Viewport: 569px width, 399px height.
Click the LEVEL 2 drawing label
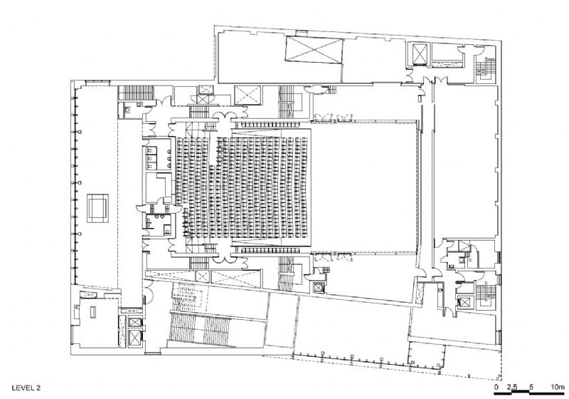click(26, 388)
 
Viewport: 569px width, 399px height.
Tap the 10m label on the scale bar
click(558, 387)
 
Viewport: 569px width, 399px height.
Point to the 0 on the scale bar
click(496, 387)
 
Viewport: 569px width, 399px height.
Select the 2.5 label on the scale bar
click(512, 387)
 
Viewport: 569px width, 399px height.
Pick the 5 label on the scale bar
click(531, 387)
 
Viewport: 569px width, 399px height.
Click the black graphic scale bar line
click(529, 393)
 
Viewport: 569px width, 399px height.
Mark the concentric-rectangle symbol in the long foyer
click(97, 208)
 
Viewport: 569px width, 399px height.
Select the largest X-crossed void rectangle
click(314, 50)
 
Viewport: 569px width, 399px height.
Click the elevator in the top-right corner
click(420, 54)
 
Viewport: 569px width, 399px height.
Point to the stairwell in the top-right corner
click(485, 68)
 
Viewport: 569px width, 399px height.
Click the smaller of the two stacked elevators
click(135, 322)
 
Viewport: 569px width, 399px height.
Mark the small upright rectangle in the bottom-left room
click(93, 312)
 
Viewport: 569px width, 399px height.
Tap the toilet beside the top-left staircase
click(127, 109)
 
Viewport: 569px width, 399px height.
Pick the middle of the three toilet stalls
click(150, 158)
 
